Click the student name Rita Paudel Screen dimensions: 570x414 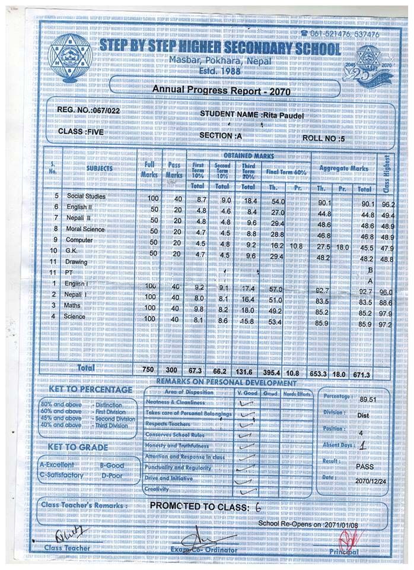click(288, 113)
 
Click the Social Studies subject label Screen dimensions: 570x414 click(86, 196)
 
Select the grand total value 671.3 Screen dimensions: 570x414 click(362, 375)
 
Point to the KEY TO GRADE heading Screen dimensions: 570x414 click(78, 447)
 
